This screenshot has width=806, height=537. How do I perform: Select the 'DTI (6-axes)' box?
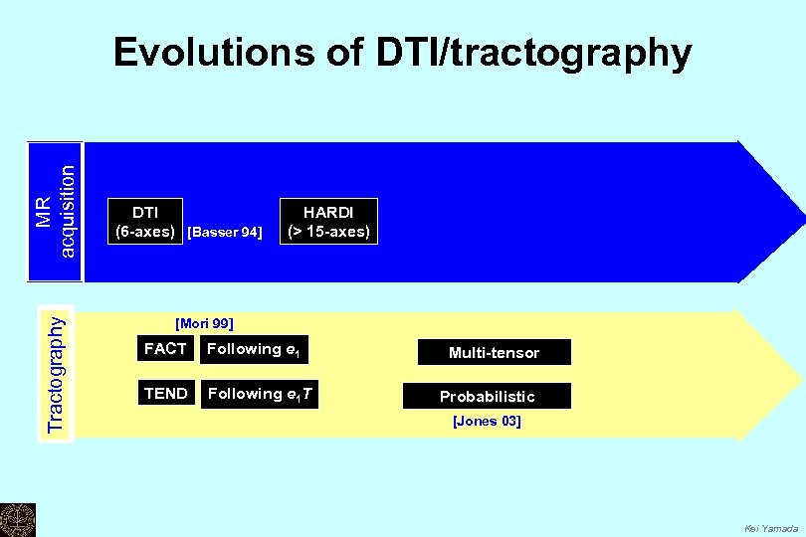[145, 221]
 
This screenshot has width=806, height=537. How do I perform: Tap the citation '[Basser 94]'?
[225, 232]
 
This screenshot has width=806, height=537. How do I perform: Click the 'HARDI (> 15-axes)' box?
[328, 221]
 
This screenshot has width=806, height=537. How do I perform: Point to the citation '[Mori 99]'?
[204, 323]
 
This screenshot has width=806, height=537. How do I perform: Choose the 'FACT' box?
[165, 349]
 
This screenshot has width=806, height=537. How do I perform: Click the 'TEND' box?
[165, 394]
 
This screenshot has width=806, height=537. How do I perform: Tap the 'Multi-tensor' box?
[494, 353]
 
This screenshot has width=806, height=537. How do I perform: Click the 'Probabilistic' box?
[488, 396]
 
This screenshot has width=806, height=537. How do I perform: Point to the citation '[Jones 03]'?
[487, 422]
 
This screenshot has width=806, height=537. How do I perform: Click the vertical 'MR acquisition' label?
[54, 212]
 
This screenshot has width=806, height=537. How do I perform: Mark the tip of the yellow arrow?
[801, 374]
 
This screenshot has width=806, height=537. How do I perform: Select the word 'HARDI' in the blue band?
[328, 212]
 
